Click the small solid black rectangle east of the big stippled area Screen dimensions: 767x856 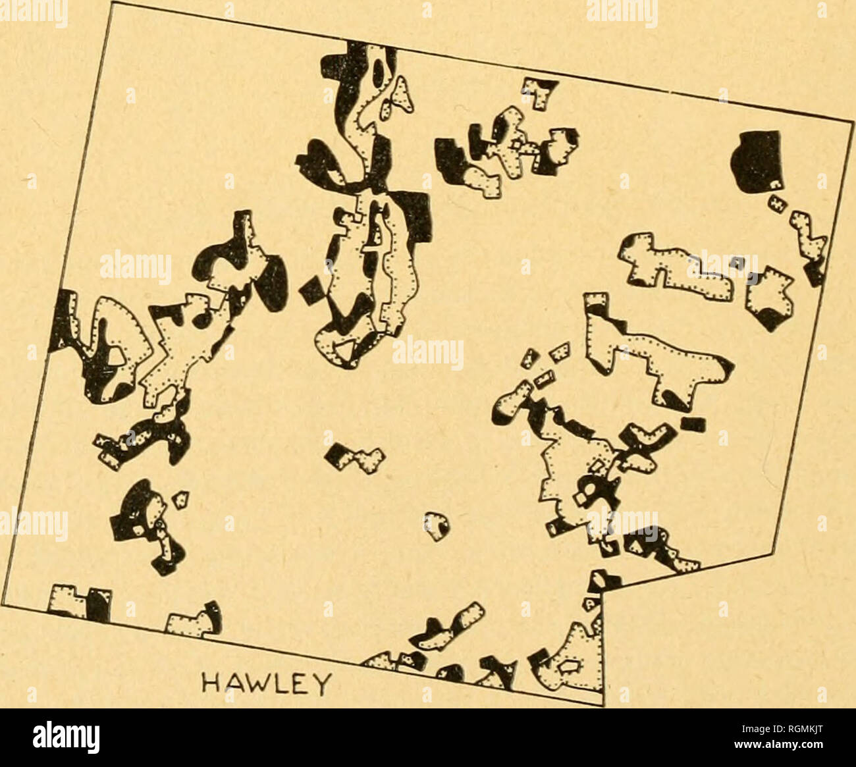(x=693, y=423)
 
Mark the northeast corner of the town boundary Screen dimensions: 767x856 (x=853, y=122)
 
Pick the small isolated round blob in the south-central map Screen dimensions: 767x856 (x=437, y=525)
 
